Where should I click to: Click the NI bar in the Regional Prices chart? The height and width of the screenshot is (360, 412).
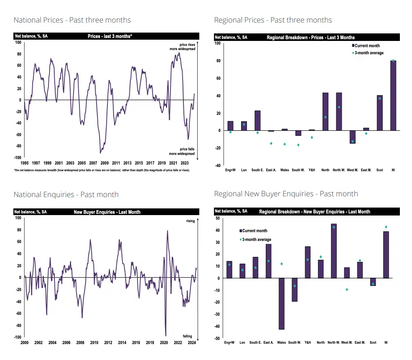[x=393, y=95]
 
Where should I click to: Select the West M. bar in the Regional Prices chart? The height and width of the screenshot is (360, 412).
[x=352, y=137]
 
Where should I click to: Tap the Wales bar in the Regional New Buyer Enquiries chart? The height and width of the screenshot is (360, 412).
[x=282, y=304]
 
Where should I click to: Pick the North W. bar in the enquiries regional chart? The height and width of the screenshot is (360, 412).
[x=333, y=251]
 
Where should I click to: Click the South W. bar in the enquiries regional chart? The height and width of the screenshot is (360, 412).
[x=295, y=289]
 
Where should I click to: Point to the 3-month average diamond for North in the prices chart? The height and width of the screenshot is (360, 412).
[x=325, y=117]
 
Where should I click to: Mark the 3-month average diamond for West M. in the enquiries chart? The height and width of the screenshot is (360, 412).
[x=346, y=289]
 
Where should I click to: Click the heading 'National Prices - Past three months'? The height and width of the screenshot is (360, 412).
[x=72, y=20]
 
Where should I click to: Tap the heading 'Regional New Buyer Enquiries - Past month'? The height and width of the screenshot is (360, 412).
[x=286, y=194]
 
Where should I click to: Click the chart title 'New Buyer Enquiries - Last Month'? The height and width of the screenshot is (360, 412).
[x=107, y=212]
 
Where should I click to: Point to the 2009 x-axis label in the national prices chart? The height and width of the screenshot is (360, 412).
[x=104, y=163]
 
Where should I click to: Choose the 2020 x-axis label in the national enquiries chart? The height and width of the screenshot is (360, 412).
[x=164, y=342]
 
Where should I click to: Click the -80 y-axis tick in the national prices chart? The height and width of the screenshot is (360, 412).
[x=18, y=146]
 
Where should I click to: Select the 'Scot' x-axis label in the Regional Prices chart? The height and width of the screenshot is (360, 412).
[x=379, y=170]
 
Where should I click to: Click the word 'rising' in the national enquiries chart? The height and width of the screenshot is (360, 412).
[x=190, y=221]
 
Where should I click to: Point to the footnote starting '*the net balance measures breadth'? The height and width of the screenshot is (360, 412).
[x=102, y=170]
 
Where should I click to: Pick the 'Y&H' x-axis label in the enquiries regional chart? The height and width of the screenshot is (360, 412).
[x=308, y=342]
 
